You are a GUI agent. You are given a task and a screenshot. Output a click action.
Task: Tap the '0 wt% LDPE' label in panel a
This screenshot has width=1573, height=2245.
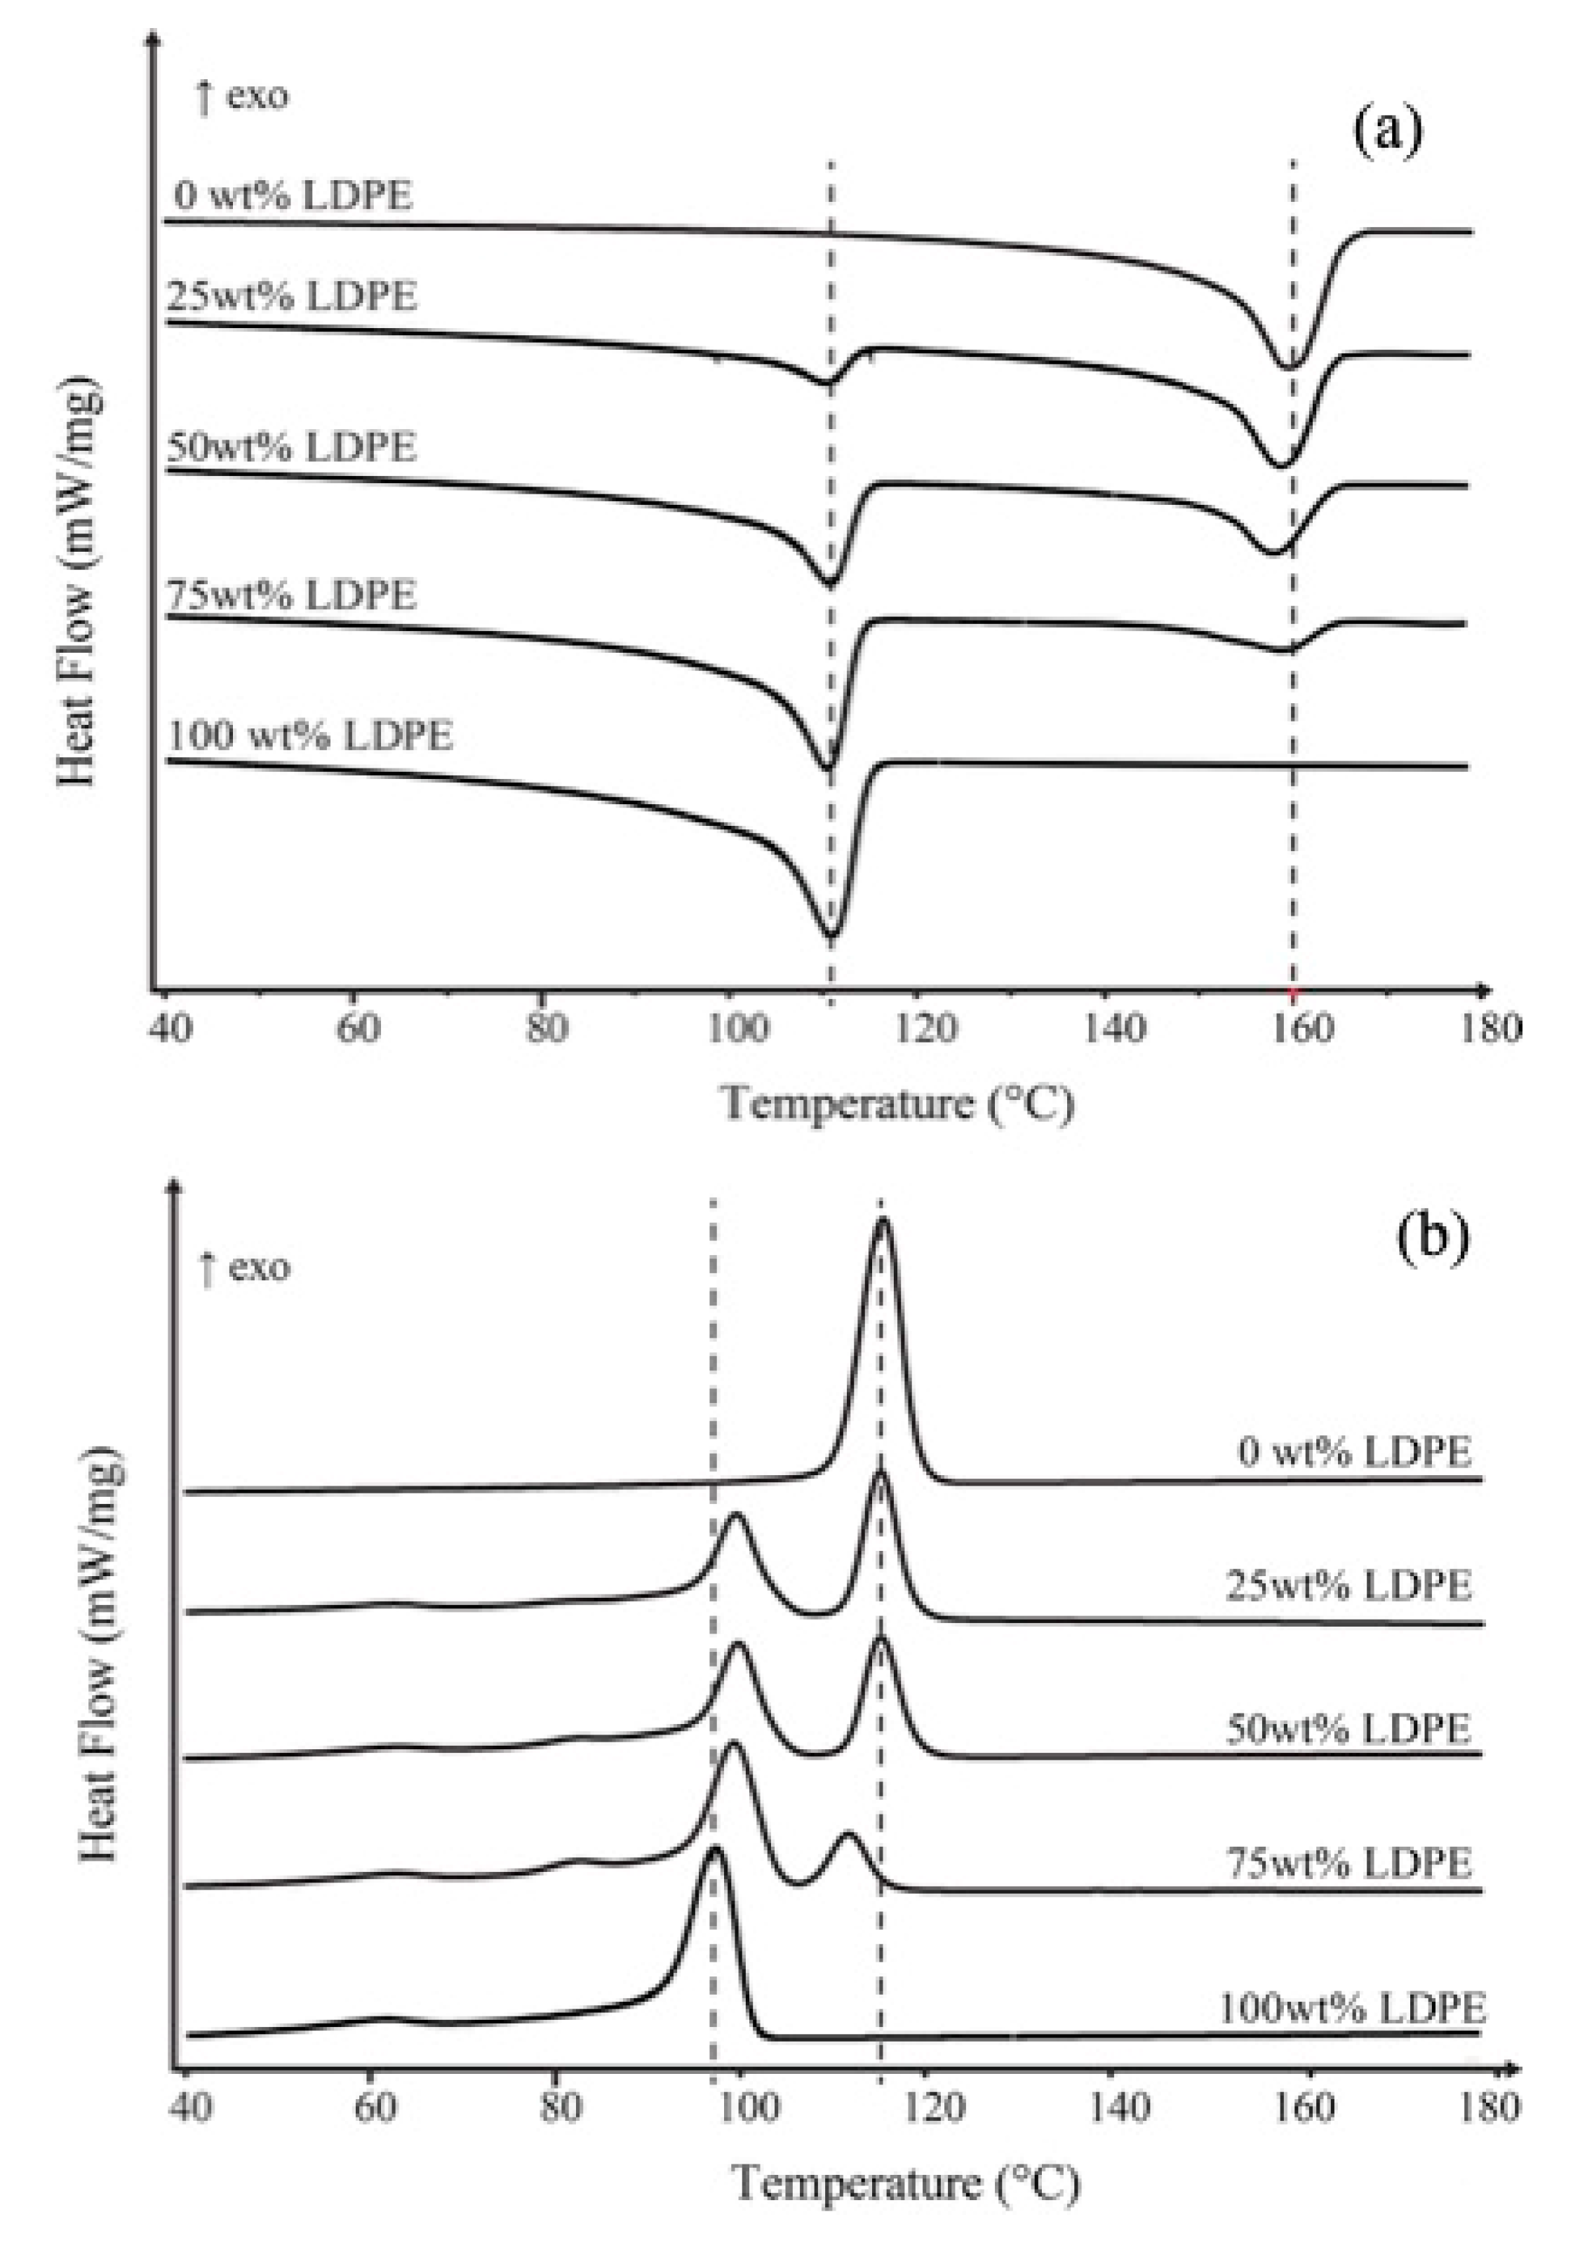point(293,196)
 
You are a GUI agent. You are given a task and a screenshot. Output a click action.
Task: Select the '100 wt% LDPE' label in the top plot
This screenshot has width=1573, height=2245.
point(311,735)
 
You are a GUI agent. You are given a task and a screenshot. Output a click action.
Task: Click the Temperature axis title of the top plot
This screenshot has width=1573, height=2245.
point(897,1105)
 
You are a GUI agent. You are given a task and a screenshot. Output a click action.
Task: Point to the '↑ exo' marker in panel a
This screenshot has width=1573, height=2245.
point(241,97)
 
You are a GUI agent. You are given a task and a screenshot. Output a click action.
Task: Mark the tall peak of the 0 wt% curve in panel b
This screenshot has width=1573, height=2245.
point(883,1222)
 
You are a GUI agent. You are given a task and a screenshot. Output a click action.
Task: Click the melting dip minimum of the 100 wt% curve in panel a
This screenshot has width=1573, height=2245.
point(831,936)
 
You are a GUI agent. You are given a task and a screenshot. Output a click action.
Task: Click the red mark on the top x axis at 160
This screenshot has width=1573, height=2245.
point(1292,994)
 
